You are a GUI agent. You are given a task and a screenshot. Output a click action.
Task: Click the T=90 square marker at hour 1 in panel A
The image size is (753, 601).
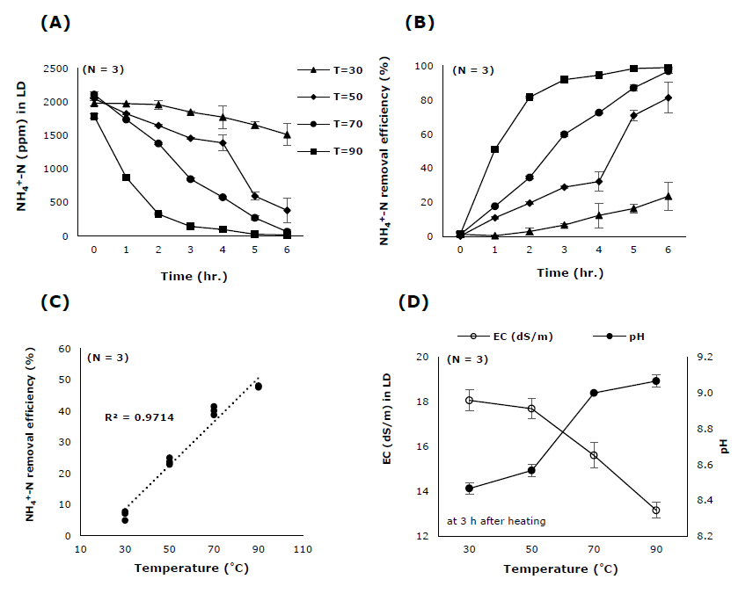click(126, 177)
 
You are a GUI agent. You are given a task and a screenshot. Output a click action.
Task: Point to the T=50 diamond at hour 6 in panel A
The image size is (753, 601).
click(287, 211)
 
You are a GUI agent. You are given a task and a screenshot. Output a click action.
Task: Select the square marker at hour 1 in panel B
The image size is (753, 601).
click(495, 149)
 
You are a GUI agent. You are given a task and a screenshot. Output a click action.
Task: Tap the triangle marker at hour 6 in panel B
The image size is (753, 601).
click(668, 197)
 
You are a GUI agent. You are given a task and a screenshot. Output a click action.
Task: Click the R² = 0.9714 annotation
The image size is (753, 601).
click(140, 416)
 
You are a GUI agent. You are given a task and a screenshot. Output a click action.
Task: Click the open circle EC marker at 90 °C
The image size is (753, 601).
click(655, 510)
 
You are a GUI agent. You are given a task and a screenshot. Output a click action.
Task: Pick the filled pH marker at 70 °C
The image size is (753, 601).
click(594, 393)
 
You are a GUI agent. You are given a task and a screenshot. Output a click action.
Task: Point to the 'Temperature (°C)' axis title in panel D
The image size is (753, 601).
click(561, 568)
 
